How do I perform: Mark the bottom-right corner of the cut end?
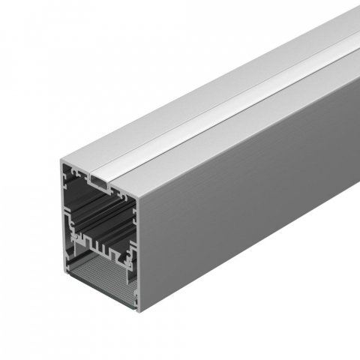139,310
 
